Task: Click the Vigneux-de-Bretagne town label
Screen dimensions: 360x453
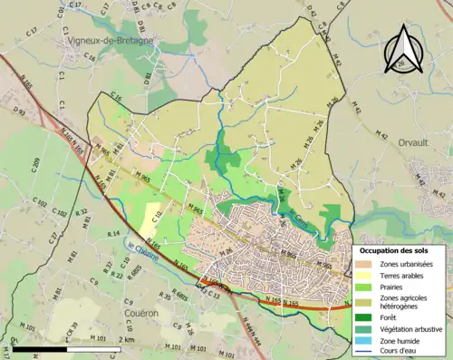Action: pyautogui.click(x=108, y=41)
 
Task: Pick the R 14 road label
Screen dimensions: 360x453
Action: pyautogui.click(x=113, y=234)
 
